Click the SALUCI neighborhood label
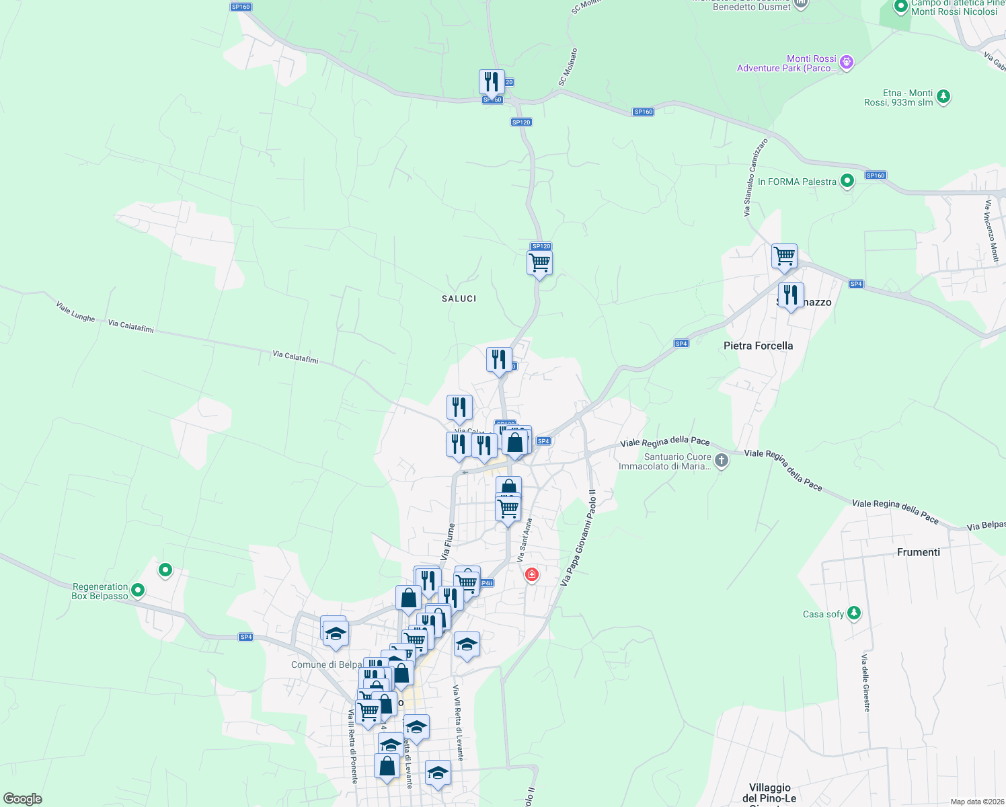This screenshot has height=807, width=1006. click(459, 299)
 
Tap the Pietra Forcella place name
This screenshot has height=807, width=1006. click(758, 346)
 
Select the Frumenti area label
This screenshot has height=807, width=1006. click(918, 552)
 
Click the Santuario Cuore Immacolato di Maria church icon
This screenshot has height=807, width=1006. click(721, 461)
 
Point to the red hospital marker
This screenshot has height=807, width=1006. click(532, 574)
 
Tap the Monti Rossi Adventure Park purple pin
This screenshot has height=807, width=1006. click(847, 63)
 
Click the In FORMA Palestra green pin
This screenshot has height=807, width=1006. click(847, 180)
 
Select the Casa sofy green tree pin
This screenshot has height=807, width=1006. click(853, 613)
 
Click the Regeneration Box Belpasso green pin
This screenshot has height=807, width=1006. click(138, 590)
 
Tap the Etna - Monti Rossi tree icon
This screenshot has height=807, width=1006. click(943, 96)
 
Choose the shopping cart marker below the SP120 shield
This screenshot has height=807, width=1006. click(539, 263)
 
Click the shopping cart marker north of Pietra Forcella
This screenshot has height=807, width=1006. click(784, 256)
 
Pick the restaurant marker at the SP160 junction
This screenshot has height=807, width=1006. click(492, 82)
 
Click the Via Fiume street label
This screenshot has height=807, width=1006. click(448, 542)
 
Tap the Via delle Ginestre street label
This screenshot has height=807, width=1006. click(866, 682)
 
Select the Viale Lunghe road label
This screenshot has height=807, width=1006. click(75, 312)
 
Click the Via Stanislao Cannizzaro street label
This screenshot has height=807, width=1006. click(755, 178)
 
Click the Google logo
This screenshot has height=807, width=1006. click(22, 799)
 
